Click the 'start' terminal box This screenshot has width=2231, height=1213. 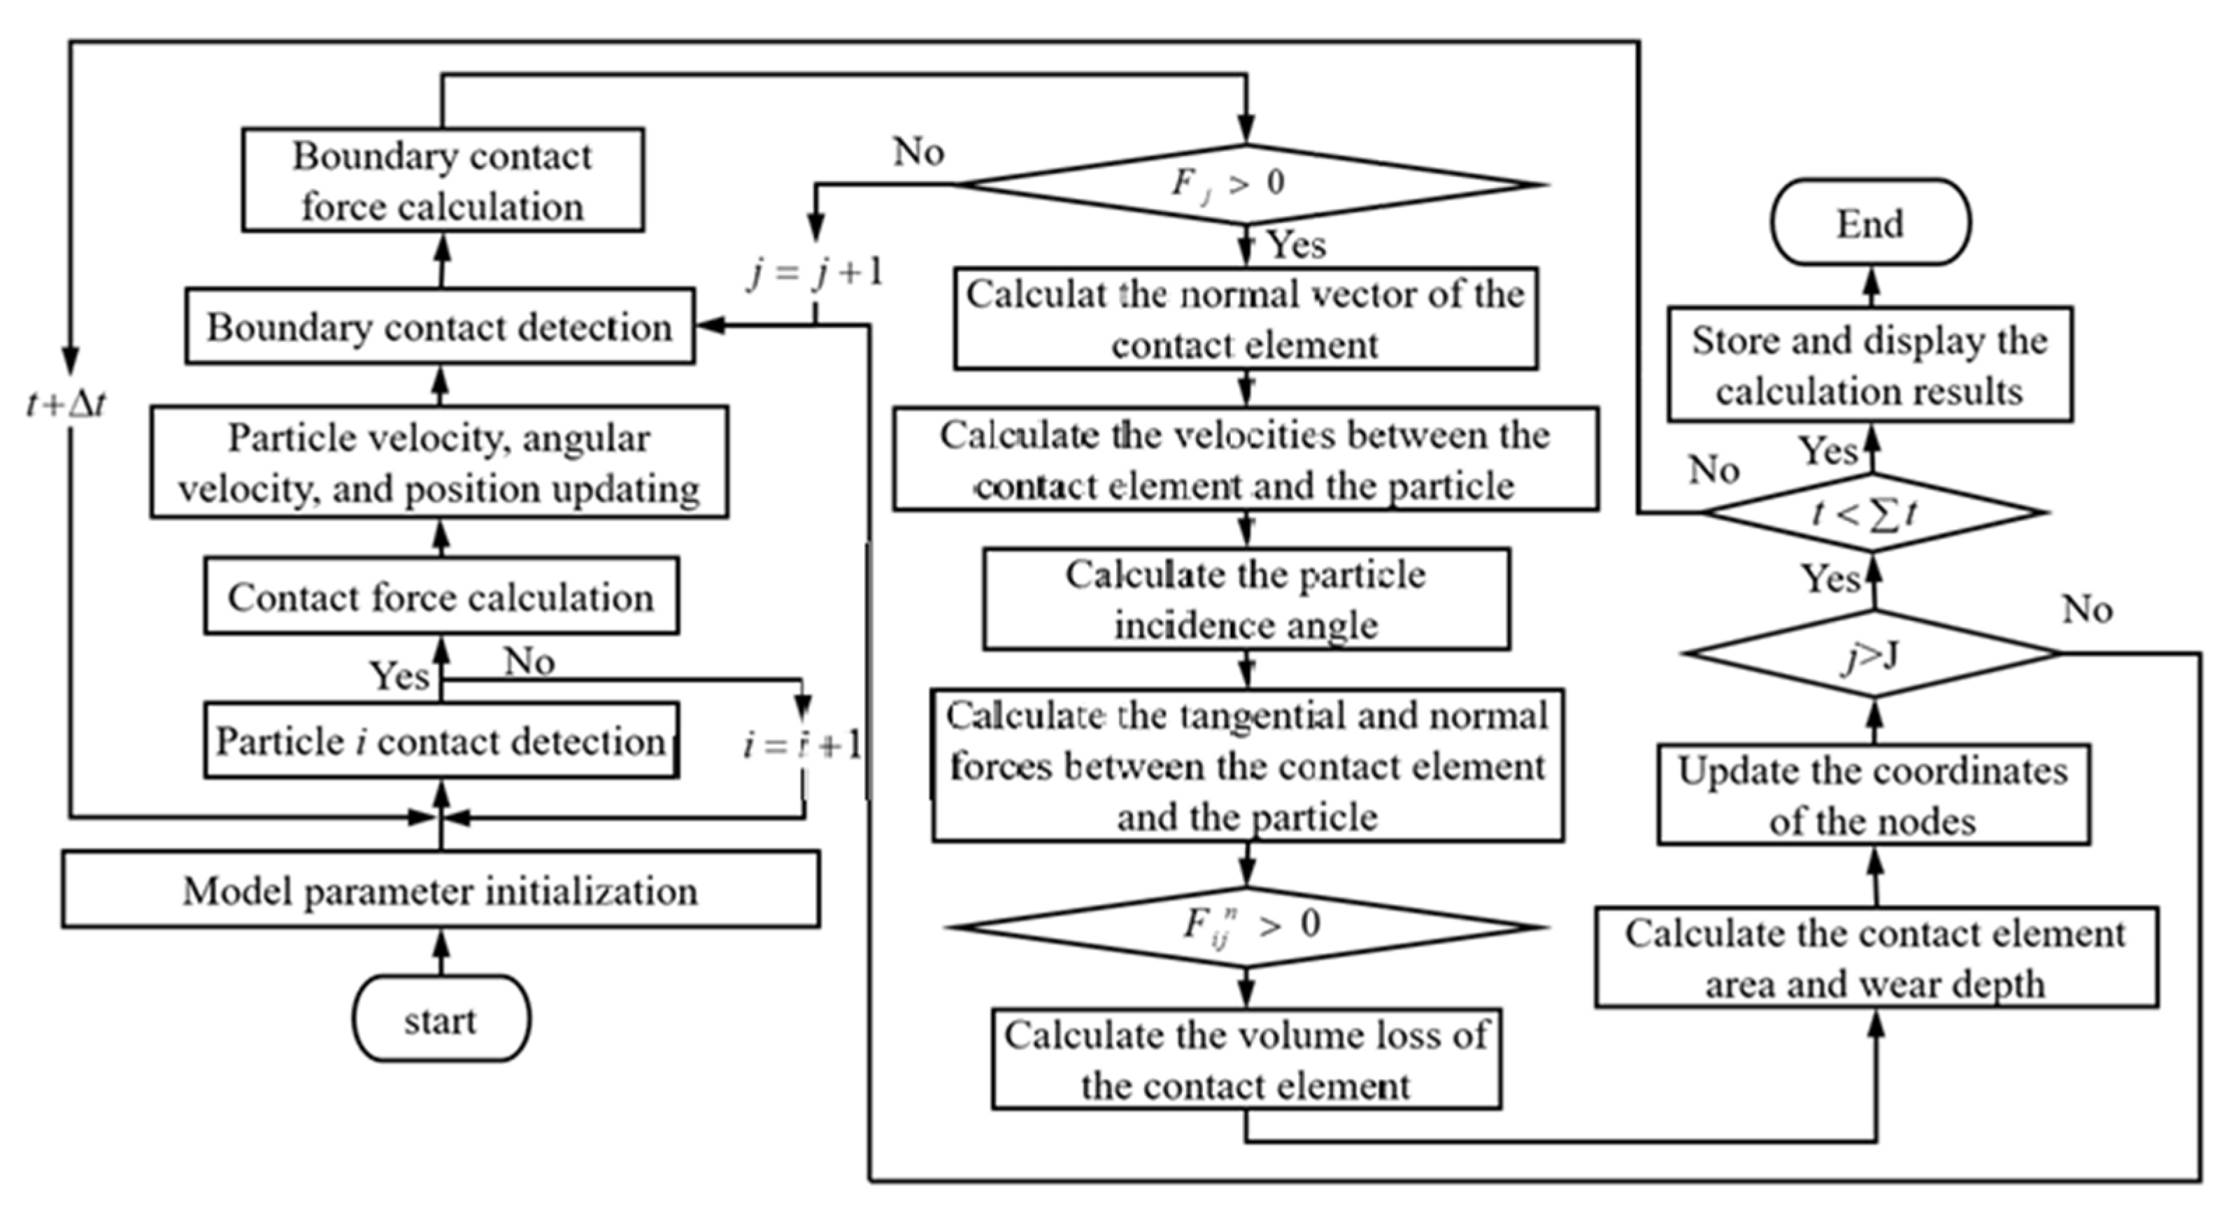tap(441, 1019)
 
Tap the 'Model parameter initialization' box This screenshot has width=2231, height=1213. tap(441, 890)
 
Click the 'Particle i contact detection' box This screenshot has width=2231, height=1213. tap(441, 741)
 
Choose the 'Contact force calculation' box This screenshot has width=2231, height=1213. tap(441, 596)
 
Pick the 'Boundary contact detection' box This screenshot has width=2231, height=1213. tap(439, 326)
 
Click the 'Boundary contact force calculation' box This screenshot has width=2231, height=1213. tap(443, 180)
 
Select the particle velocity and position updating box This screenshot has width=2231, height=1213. tap(439, 462)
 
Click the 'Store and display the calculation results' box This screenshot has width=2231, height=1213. tap(1870, 364)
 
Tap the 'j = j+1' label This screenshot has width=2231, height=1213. tap(815, 273)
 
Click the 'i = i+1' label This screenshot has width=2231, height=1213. tap(803, 745)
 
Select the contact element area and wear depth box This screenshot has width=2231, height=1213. tap(1876, 958)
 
